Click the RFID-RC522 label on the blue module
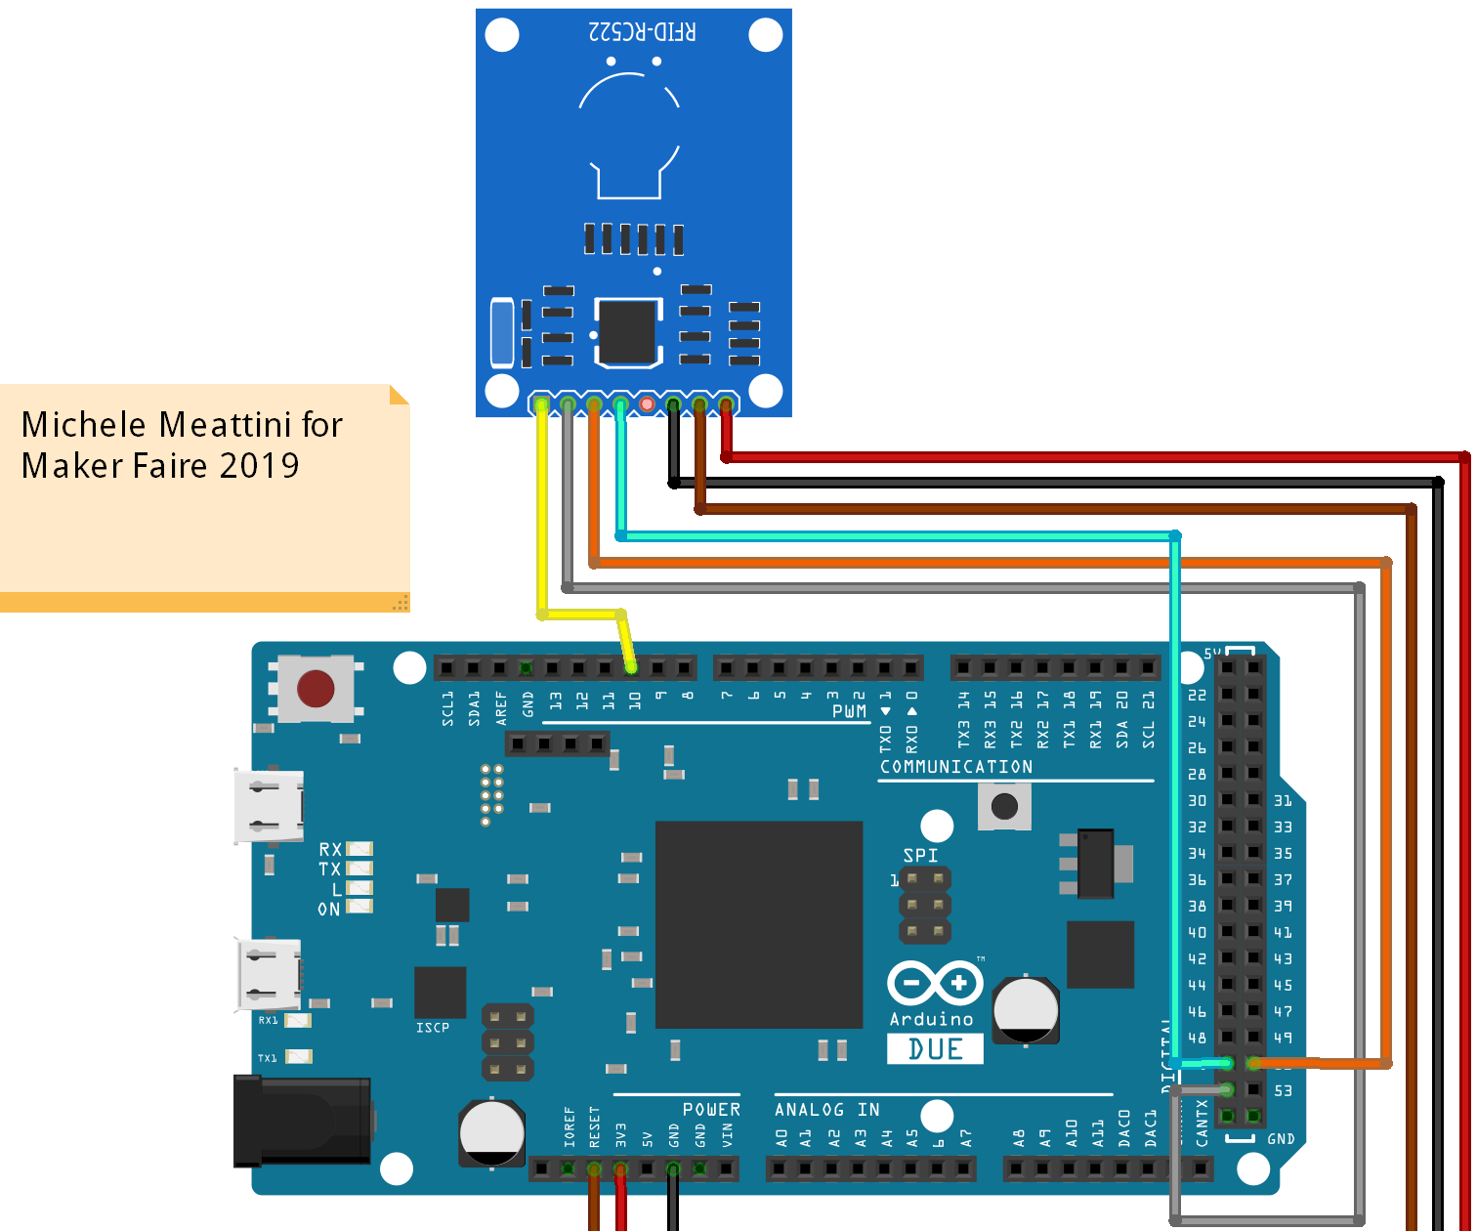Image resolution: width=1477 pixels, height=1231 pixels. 642,31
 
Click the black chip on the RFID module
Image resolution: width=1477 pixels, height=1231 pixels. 627,333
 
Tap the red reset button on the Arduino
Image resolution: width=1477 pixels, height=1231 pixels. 316,689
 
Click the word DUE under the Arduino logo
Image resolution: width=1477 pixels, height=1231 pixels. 935,1049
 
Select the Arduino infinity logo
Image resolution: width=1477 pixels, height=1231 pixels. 935,983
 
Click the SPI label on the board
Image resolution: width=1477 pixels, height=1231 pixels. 920,856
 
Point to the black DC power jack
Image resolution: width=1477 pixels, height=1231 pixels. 302,1121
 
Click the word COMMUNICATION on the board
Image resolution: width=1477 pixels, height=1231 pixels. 955,767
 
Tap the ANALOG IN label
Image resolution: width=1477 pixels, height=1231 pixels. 826,1110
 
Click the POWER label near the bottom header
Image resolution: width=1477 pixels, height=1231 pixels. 711,1110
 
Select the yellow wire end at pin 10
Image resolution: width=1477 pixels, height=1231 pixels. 631,667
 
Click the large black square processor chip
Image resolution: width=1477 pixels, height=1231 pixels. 758,924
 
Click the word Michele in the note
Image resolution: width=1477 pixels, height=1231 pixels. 84,425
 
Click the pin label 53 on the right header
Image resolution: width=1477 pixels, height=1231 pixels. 1283,1090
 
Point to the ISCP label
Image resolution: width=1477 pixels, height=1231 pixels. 433,1028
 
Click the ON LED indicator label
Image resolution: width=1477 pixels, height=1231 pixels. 328,909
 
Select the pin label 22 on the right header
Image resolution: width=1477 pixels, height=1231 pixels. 1197,696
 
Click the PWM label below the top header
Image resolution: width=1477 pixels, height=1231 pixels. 849,711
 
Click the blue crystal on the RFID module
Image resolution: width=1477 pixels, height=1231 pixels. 501,334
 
